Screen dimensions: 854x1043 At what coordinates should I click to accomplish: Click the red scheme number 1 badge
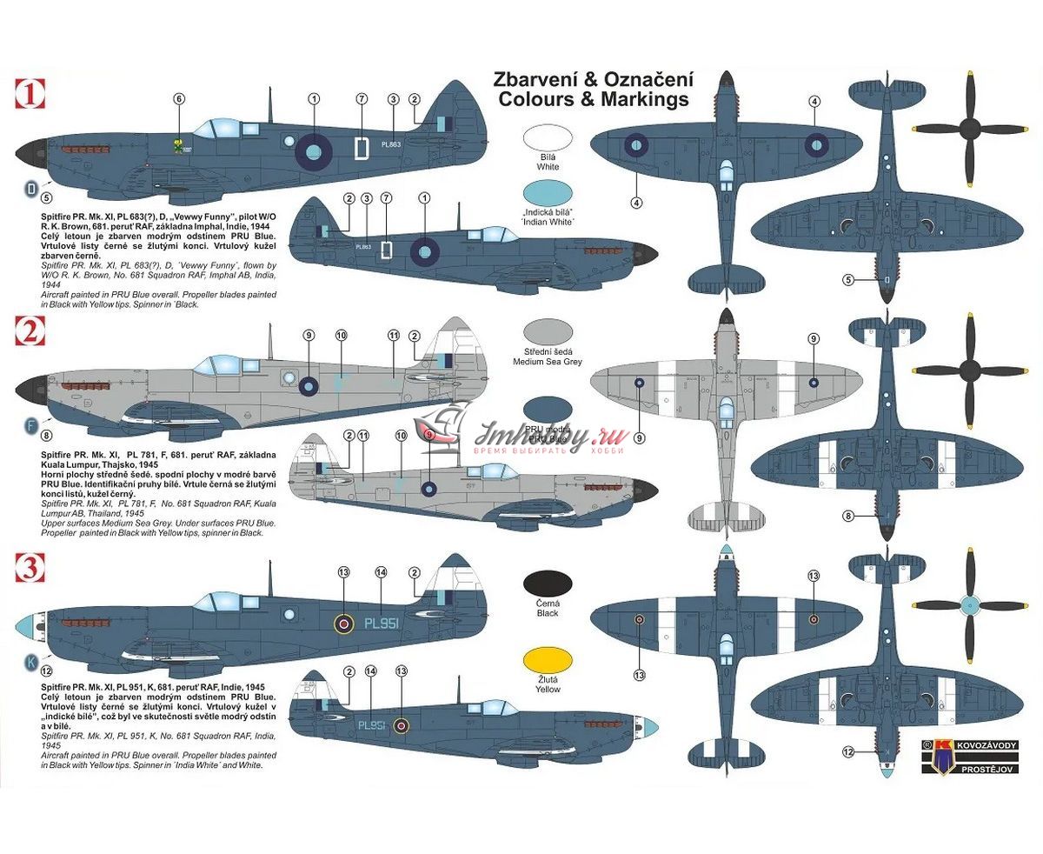point(31,93)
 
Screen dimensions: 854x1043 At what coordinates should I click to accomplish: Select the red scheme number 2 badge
point(31,332)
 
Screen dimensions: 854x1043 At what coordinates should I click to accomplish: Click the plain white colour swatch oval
point(548,139)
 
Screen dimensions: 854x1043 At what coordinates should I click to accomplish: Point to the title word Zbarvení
point(539,79)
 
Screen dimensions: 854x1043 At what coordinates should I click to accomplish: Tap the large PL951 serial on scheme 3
point(381,623)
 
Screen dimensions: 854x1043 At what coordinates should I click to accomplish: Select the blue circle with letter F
point(30,426)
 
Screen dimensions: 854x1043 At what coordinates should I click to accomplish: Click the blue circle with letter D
point(30,188)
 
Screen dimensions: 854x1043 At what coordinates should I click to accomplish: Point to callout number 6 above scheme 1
point(179,98)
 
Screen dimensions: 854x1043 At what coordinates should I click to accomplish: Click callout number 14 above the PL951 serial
point(381,572)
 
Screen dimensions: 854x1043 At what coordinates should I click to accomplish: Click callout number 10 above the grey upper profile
point(341,335)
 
